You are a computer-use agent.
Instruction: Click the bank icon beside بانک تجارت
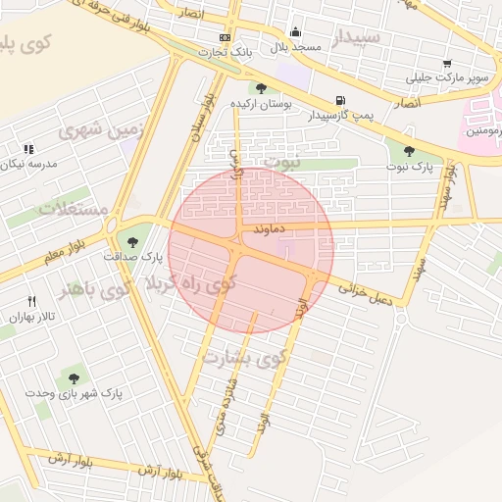(x=225, y=37)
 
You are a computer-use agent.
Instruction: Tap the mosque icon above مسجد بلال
(x=295, y=32)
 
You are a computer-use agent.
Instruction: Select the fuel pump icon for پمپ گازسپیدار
(x=340, y=100)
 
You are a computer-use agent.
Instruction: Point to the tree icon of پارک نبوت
(x=409, y=151)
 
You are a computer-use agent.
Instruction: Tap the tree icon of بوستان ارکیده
(x=260, y=88)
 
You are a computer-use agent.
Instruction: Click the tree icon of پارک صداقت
(x=132, y=240)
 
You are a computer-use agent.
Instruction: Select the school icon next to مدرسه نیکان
(x=27, y=149)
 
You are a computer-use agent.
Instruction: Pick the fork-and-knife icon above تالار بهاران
(x=31, y=302)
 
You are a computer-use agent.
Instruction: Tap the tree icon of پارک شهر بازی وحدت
(x=74, y=377)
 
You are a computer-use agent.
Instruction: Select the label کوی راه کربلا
(x=192, y=284)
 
